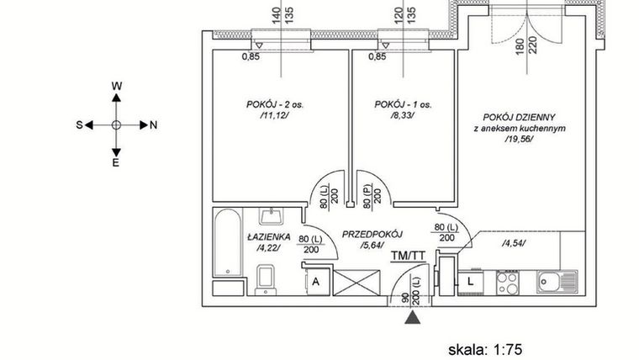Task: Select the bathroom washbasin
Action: pos(268,219)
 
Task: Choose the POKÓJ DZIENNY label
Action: pos(520,117)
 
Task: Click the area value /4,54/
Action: pos(513,244)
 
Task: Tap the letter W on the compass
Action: pos(117,87)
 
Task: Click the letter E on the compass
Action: pos(117,163)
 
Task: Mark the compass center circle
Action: pos(117,124)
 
